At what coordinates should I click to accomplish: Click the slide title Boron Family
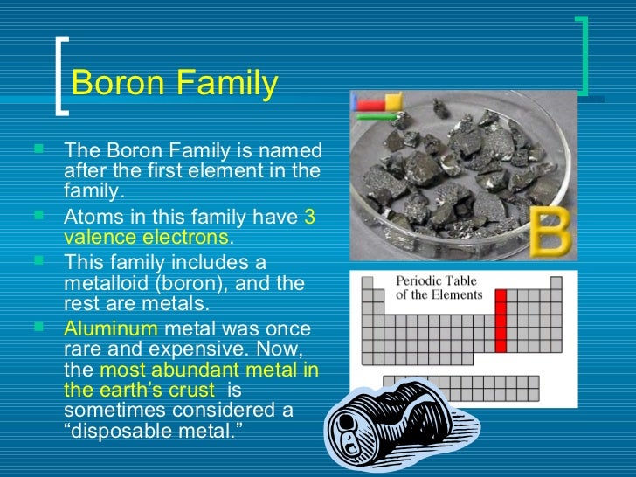(174, 84)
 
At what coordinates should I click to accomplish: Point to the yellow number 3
(309, 218)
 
